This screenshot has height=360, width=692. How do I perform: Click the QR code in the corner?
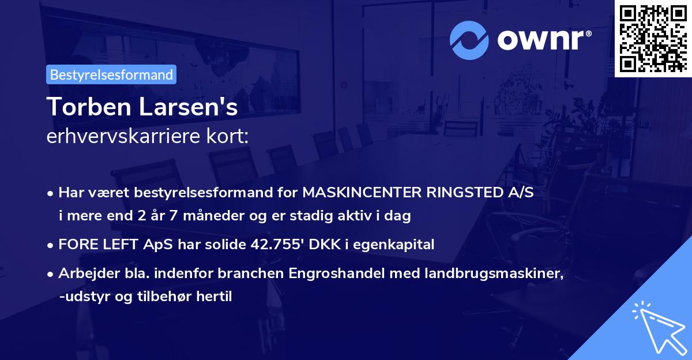pyautogui.click(x=653, y=38)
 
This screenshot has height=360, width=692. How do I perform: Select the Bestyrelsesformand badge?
pyautogui.click(x=111, y=74)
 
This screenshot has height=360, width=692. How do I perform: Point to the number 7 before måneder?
pyautogui.click(x=186, y=216)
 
